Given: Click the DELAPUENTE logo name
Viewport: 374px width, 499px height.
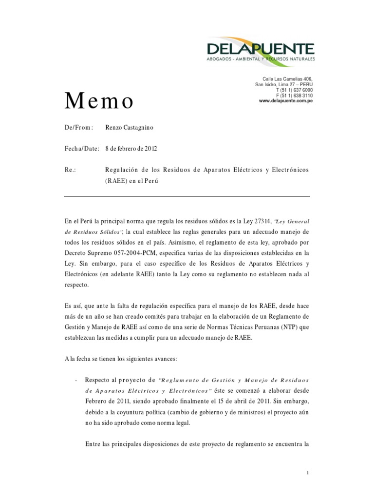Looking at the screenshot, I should click(261, 48).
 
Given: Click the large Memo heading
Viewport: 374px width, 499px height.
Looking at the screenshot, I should click(99, 101).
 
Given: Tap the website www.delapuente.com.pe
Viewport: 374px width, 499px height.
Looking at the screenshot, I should click(285, 100).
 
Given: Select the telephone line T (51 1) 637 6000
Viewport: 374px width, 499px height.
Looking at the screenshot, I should click(294, 90).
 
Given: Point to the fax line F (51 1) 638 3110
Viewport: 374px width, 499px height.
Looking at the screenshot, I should click(294, 95).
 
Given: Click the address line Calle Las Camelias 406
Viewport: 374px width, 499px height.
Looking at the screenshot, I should click(287, 79).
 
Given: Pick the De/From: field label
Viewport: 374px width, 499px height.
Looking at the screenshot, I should click(78, 127).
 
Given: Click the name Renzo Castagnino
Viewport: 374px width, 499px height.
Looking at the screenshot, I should click(129, 127).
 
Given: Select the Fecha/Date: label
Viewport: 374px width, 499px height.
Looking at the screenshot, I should click(82, 148).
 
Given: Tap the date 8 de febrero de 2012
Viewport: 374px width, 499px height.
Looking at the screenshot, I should click(131, 148).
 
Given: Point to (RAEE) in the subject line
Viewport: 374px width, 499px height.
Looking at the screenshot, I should click(115, 180).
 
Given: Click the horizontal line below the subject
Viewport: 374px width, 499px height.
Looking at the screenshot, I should click(187, 196).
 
